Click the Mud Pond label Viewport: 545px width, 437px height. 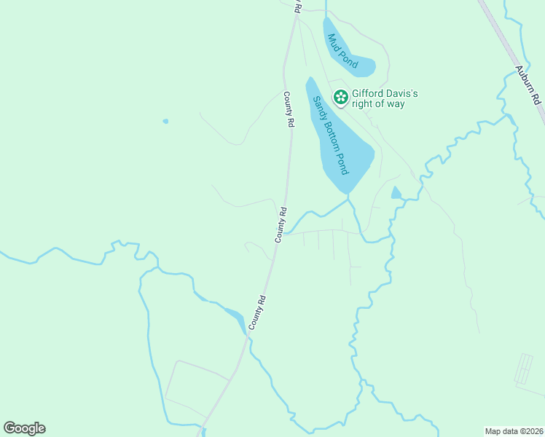(342, 51)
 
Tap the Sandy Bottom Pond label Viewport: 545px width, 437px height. (332, 135)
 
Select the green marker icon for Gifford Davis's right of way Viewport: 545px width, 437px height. (340, 97)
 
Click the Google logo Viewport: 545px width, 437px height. (24, 428)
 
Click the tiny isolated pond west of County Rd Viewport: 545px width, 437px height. (165, 121)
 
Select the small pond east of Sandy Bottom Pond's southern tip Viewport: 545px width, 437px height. (396, 193)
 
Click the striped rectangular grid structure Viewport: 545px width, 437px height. (524, 369)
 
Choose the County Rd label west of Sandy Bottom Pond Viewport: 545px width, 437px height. (289, 110)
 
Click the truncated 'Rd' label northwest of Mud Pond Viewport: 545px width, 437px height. (297, 6)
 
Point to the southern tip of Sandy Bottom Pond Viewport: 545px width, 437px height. (348, 192)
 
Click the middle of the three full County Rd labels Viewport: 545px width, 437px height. (282, 225)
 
